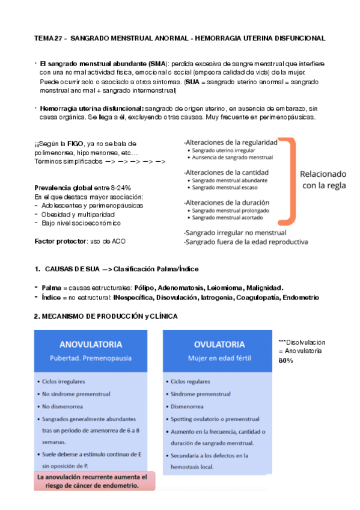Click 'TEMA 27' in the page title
pyautogui.click(x=48, y=38)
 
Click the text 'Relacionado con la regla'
pyautogui.click(x=323, y=180)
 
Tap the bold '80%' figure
pyautogui.click(x=285, y=360)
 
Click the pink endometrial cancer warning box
pyautogui.click(x=94, y=481)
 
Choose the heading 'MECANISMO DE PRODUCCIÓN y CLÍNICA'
pyautogui.click(x=105, y=316)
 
